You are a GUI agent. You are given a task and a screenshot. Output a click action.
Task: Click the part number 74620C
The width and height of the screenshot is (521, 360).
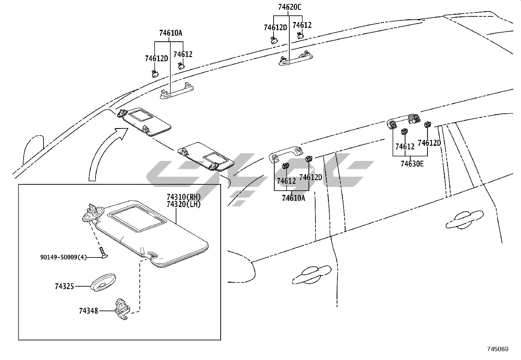[290, 7]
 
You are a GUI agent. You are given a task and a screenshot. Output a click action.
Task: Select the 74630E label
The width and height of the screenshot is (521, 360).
[412, 163]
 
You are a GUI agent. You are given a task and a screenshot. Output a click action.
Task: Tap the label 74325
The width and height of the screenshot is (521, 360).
[64, 286]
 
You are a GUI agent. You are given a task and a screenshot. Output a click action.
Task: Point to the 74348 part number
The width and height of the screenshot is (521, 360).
[88, 311]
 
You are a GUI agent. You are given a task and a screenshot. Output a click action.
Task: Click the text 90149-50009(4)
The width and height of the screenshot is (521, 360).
[63, 257]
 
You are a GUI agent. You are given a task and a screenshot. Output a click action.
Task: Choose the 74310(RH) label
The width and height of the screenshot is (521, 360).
[184, 197]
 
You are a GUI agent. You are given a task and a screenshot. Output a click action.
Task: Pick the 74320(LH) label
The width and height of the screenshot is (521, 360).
[184, 204]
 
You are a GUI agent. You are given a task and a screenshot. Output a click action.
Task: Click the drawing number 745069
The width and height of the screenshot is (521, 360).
[497, 349]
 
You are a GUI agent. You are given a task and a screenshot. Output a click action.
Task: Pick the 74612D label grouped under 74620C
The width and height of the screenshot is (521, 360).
[275, 28]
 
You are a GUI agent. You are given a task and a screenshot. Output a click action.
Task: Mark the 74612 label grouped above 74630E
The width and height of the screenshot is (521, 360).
[405, 146]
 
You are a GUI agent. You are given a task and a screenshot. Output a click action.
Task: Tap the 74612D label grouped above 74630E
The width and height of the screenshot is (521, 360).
[429, 143]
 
